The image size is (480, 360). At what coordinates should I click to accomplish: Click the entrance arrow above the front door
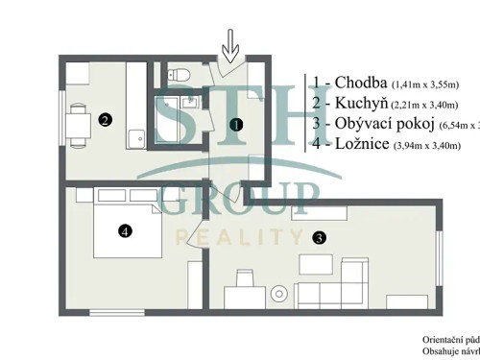[x=228, y=43]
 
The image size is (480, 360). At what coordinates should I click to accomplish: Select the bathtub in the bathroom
[x=169, y=120]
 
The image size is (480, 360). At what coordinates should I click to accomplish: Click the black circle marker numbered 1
[x=237, y=123]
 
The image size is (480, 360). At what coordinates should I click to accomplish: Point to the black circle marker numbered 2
[x=105, y=120]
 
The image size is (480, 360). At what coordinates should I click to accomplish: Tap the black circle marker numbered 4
[x=123, y=230]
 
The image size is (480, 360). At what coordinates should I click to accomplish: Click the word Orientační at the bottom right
[x=444, y=340]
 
